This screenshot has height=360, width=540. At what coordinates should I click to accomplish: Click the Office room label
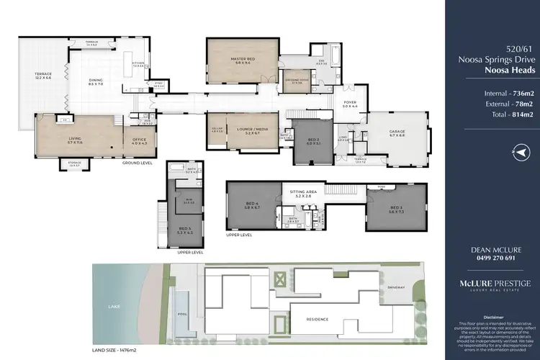(x=140, y=142)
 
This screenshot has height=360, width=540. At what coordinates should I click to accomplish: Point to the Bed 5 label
(x=184, y=231)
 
